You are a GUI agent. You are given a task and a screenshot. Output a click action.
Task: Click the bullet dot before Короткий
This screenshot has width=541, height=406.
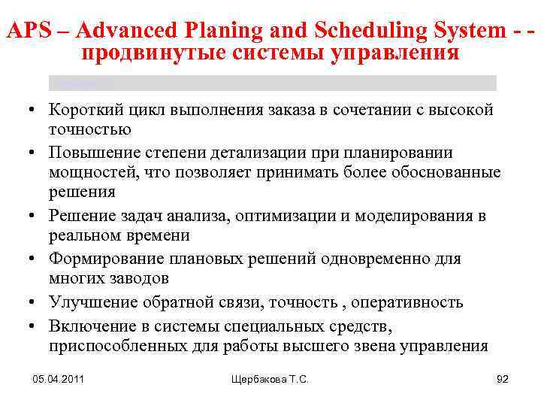(35, 111)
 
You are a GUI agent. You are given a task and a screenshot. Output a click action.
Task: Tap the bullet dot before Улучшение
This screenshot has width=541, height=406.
(35, 302)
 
